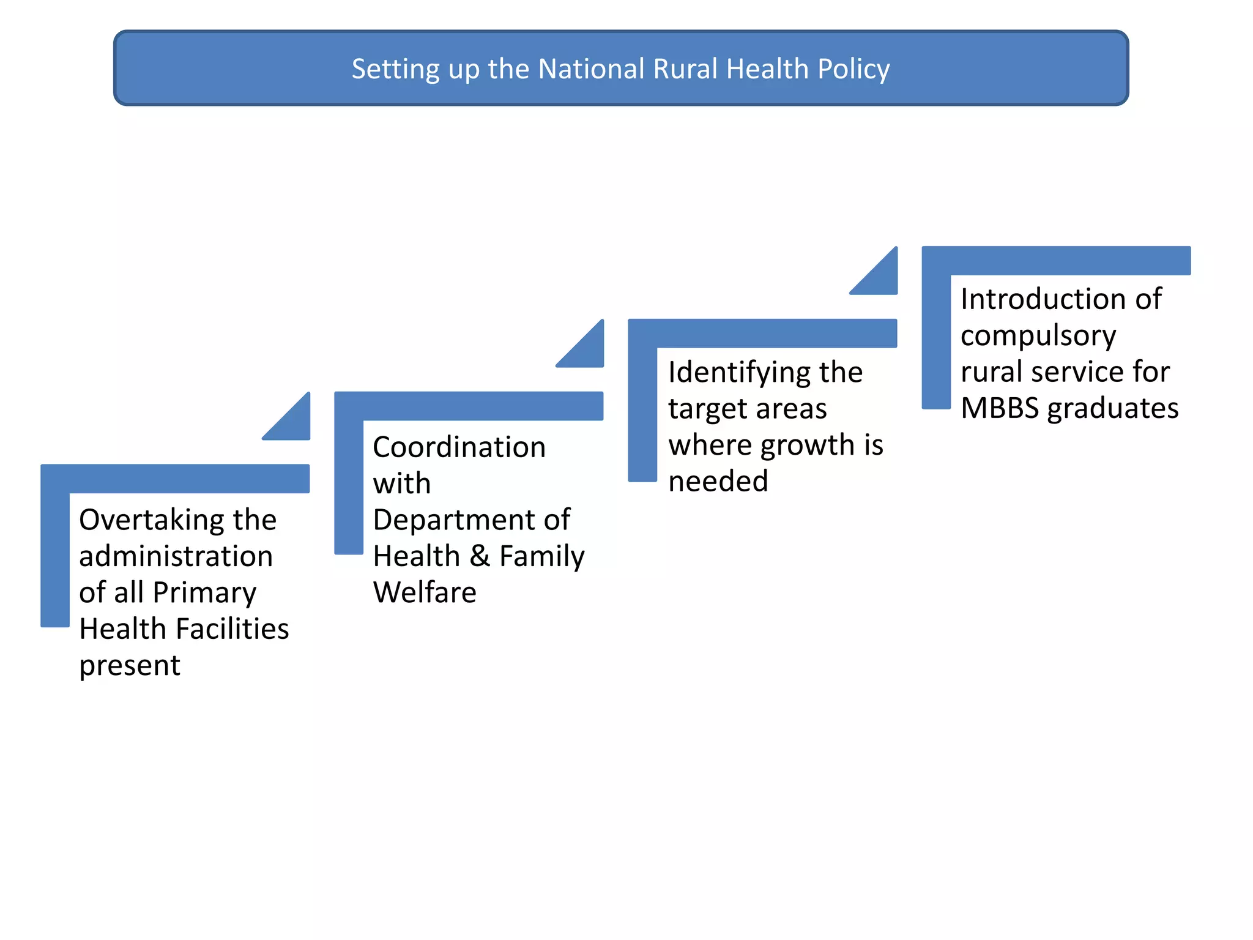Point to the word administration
[x=176, y=556]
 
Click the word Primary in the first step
[x=204, y=593]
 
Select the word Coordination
[x=459, y=447]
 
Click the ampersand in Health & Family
[x=480, y=556]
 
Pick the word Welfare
[x=425, y=593]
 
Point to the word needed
[x=718, y=482]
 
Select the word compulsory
[x=1038, y=336]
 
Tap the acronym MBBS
[x=999, y=409]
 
